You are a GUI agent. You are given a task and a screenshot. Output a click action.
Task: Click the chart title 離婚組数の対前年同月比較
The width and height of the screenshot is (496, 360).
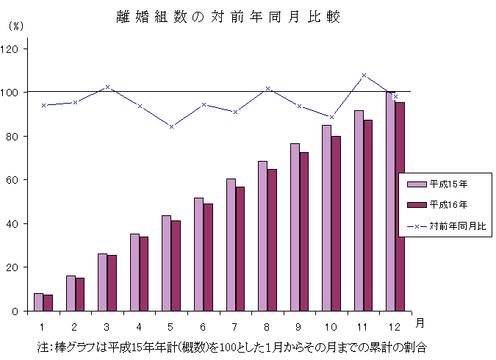coord(229,17)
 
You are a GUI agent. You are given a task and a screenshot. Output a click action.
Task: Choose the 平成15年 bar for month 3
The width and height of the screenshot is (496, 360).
coord(102,282)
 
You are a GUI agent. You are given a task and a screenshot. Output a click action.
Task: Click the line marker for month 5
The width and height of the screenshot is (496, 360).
coord(171,126)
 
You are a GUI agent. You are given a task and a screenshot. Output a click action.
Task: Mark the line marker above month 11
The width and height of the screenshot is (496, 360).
coord(364,75)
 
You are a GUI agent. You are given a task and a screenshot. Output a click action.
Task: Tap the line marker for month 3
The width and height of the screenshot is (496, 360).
coord(107,87)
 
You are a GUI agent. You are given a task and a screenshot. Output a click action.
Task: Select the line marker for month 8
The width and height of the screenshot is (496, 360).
coord(267,88)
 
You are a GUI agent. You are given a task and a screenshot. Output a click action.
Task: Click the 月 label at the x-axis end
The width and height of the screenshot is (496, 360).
coord(419,323)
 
